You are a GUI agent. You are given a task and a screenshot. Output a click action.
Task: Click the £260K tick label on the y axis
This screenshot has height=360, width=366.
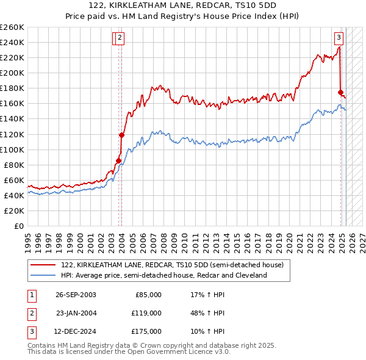pos(12,27)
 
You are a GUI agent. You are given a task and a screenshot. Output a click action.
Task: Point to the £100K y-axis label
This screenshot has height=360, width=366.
pos(12,149)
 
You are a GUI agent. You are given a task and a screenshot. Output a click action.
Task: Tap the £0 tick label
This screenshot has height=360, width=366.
pos(18,226)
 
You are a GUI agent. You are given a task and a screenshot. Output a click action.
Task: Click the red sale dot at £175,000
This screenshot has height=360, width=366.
pos(340,92)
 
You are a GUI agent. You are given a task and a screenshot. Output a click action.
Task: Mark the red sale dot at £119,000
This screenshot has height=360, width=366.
pos(121,135)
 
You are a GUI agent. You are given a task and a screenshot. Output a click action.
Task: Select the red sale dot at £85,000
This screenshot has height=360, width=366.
pos(118,160)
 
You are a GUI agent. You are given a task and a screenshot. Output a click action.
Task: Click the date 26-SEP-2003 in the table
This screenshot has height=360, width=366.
pos(76,295)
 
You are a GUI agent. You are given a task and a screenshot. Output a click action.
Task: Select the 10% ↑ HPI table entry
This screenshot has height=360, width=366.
pos(207,331)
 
